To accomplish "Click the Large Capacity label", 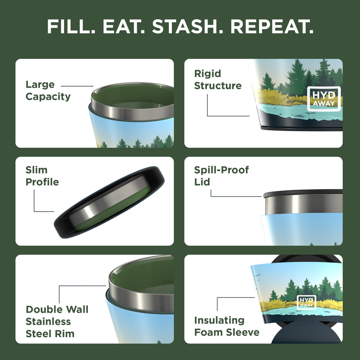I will [48, 90].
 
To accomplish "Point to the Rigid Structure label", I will [218, 80].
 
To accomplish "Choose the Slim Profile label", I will [42, 176].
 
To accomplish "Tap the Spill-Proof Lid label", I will [221, 176].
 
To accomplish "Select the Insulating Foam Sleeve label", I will [227, 326].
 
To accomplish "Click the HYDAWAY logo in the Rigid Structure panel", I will [324, 99].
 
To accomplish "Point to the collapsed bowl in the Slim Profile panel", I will [109, 202].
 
